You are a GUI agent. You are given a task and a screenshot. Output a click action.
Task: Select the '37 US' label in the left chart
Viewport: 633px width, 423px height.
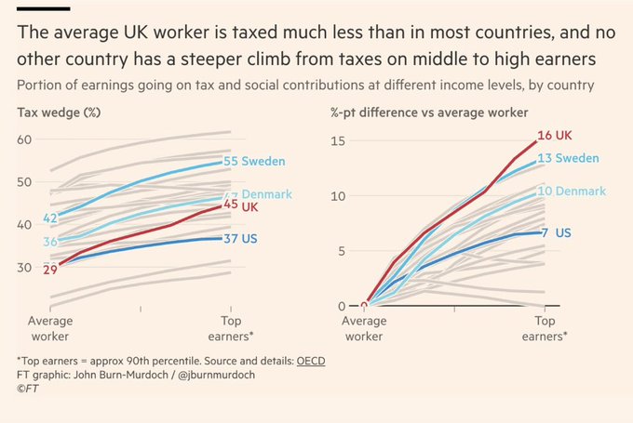pyautogui.click(x=242, y=239)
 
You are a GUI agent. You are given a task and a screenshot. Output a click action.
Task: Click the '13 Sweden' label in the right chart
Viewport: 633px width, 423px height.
pyautogui.click(x=570, y=158)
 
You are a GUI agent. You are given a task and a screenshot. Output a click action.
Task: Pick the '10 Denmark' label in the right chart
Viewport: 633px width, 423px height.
pyautogui.click(x=573, y=191)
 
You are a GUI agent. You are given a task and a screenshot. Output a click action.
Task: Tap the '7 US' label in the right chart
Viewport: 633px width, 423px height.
pyautogui.click(x=557, y=231)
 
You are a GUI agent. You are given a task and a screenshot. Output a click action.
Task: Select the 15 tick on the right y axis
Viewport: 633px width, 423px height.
pyautogui.click(x=339, y=141)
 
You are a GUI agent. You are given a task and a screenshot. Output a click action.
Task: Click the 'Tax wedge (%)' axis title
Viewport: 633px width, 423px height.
pyautogui.click(x=59, y=112)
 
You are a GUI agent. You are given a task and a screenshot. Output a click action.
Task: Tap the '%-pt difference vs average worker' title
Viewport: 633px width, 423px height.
pyautogui.click(x=429, y=112)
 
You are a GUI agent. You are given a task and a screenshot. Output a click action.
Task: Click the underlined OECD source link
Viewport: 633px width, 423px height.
pyautogui.click(x=312, y=360)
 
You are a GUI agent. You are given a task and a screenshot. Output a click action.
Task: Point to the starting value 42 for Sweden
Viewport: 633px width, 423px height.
pyautogui.click(x=51, y=218)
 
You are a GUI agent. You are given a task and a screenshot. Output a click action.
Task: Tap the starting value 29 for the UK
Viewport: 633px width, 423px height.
pyautogui.click(x=49, y=269)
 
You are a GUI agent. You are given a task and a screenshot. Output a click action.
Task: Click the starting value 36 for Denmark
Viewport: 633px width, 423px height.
pyautogui.click(x=51, y=242)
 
